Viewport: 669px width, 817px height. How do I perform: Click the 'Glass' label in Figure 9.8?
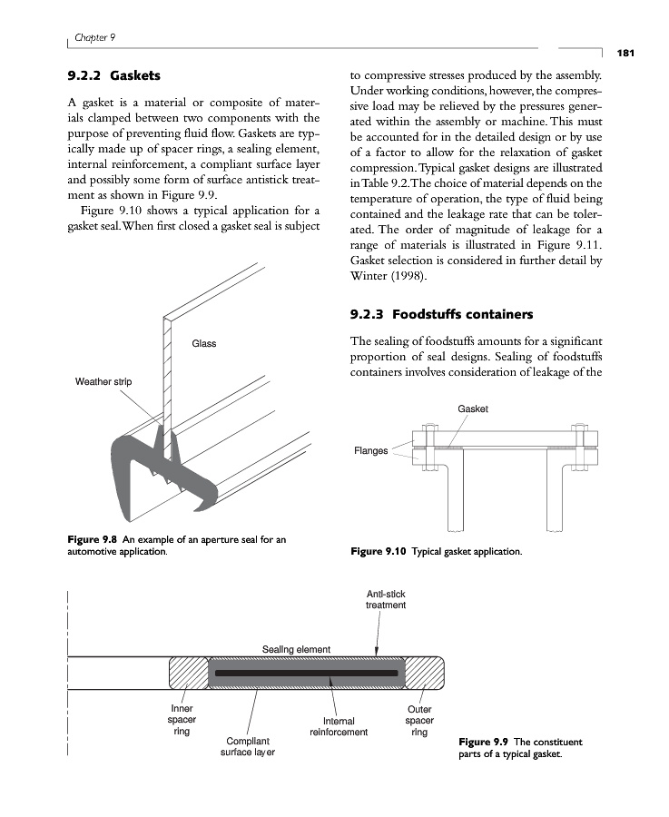coord(203,343)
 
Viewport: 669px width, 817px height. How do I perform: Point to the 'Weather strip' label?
coord(103,381)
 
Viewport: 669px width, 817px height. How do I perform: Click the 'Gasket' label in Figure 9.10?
coord(473,409)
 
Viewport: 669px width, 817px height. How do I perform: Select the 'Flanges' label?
coord(370,450)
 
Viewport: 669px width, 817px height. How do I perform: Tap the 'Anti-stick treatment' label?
coord(385,599)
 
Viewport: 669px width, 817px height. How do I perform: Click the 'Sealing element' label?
coord(296,649)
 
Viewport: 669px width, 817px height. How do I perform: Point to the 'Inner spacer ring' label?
coord(181,720)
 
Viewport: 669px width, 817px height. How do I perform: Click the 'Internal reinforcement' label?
coord(338,726)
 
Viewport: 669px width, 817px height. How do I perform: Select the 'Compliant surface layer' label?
coord(247,746)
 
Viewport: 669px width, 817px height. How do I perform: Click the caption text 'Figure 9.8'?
coord(94,540)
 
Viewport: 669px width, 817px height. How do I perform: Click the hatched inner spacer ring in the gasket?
coord(189,673)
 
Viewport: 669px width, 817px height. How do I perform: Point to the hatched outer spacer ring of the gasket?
coord(423,673)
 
